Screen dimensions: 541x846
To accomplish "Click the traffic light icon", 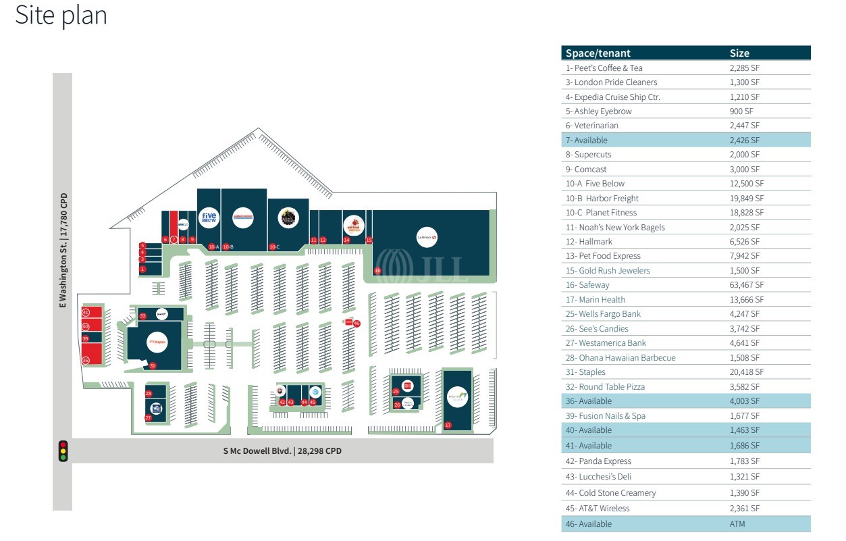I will tap(63, 451).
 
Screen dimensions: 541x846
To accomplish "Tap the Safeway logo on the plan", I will tap(427, 237).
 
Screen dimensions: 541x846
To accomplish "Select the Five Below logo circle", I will tap(209, 218).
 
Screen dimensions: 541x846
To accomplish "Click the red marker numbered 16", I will tap(377, 271).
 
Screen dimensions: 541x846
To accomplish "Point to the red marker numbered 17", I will tap(448, 425).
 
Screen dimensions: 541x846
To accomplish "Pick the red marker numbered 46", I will tap(356, 324).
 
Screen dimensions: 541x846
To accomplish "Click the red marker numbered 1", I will tap(142, 269).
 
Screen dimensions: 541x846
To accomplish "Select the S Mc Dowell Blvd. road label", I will tap(283, 451).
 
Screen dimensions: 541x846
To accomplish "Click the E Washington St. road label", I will tap(63, 251).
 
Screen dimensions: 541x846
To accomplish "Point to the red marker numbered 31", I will tap(153, 365).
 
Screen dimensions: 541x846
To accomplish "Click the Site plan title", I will tap(61, 15).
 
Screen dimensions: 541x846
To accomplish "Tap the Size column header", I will tap(739, 53).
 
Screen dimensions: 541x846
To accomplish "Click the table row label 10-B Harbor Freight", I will tap(602, 198).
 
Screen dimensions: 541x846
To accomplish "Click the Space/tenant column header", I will tap(598, 53).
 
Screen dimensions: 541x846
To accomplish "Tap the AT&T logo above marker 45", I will tap(314, 391).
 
